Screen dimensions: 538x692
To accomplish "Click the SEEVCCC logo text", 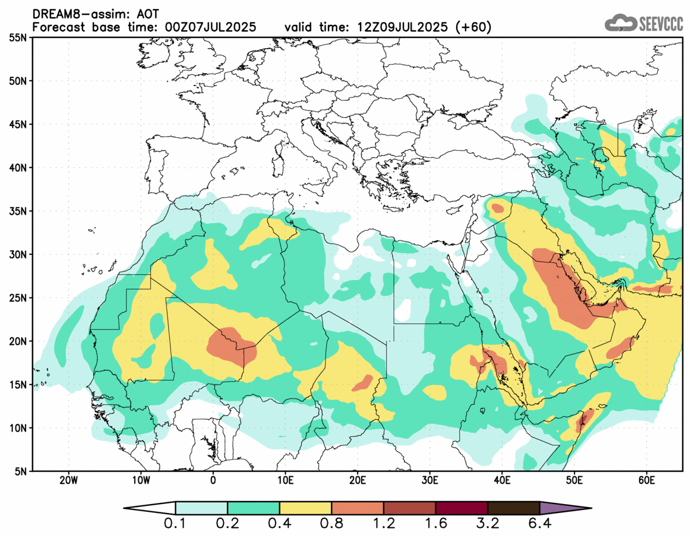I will [x=661, y=24].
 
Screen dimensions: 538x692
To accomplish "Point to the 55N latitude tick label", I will [x=17, y=37].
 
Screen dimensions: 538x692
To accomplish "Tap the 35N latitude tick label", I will [x=17, y=211].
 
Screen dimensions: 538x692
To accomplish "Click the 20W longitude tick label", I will [x=69, y=480].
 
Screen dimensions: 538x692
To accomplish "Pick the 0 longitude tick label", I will [x=213, y=480].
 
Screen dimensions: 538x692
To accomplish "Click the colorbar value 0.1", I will [x=176, y=525].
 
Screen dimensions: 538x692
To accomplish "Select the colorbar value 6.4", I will [x=539, y=525].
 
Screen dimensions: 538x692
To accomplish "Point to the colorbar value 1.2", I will [x=384, y=525].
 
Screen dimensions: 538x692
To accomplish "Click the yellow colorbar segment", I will [x=305, y=508].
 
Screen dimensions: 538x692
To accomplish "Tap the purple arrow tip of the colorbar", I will [x=564, y=508].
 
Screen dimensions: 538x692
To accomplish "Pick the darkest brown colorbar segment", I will [x=513, y=508].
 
